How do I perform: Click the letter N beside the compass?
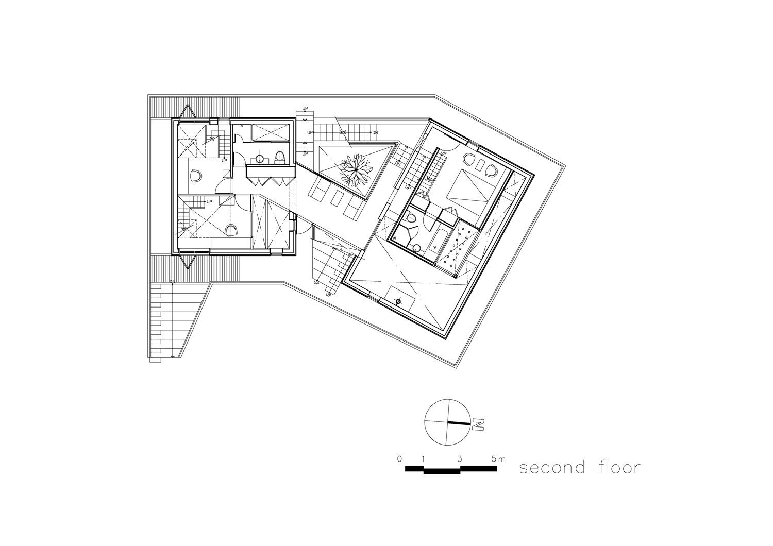(479, 425)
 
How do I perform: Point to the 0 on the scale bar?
(399, 458)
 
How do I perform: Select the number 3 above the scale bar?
(459, 458)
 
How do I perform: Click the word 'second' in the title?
(552, 468)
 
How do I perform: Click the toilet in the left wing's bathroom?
(279, 157)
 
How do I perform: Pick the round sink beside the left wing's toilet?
(260, 159)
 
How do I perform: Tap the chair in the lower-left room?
(231, 229)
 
